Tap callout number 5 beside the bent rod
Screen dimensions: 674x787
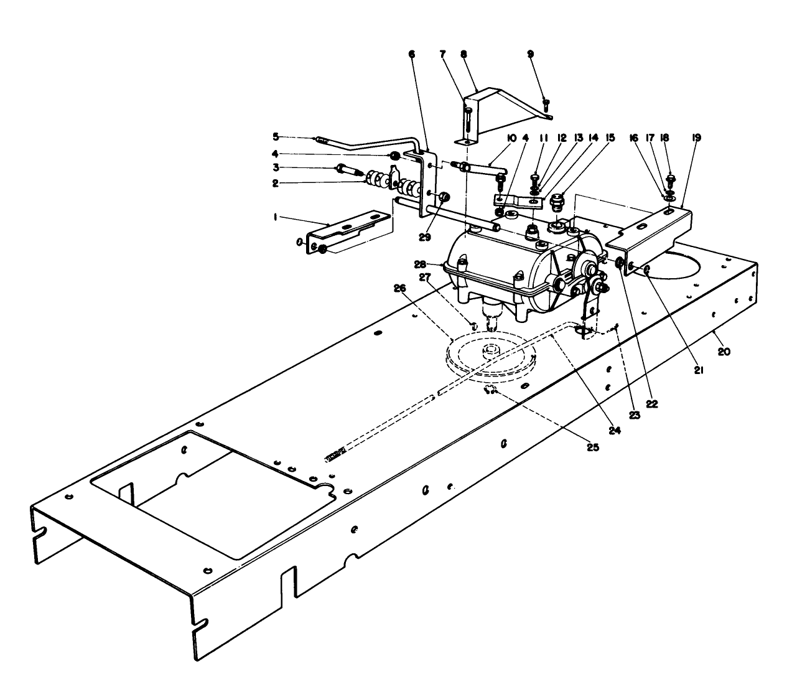275,136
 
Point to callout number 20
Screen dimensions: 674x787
724,352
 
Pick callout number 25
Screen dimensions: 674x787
592,447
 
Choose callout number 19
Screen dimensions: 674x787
696,138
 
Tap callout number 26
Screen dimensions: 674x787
399,288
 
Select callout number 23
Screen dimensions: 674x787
635,416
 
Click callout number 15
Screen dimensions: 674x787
610,138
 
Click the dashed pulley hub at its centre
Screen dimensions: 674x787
492,349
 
